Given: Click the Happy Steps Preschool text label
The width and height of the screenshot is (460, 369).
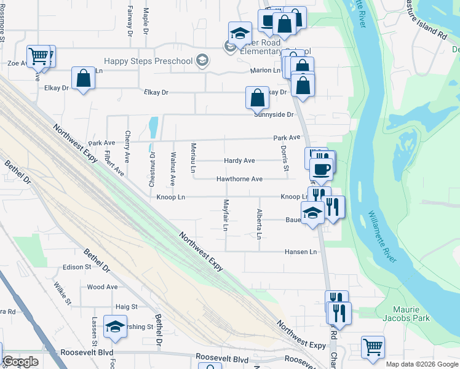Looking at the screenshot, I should tap(148, 61).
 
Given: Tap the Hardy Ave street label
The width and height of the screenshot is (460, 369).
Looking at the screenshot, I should tap(239, 161).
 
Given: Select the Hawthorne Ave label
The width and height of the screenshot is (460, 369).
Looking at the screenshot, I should tap(239, 179).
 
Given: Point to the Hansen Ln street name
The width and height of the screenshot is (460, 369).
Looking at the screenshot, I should tap(300, 252).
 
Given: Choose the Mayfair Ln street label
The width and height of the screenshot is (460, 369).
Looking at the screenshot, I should tap(226, 215).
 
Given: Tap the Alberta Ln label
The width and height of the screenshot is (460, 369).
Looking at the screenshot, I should tap(259, 224).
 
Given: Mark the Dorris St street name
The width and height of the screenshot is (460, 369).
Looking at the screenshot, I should tap(285, 158).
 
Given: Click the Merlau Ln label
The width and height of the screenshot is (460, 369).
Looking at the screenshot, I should tap(193, 157).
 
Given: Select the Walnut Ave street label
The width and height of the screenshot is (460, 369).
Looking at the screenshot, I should tap(173, 169).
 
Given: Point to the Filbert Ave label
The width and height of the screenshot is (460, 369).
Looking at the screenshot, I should tap(114, 163).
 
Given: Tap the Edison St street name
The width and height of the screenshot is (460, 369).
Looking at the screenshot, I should tap(77, 267).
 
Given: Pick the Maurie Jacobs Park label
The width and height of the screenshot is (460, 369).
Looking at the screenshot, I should tap(411, 314).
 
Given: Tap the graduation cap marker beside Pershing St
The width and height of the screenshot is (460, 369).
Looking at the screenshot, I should tap(115, 327).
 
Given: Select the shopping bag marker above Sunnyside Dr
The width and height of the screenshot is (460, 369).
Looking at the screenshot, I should tap(257, 98).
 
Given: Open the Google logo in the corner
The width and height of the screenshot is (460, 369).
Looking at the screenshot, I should tap(20, 362).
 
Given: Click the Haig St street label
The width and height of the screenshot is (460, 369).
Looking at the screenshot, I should tap(126, 306).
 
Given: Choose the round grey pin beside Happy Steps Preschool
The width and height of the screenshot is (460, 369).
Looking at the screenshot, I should tap(202, 60).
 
